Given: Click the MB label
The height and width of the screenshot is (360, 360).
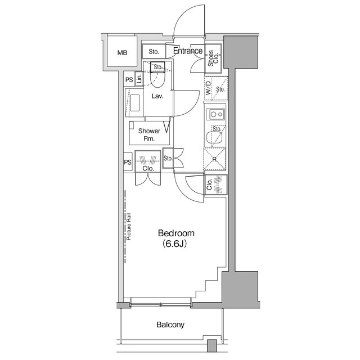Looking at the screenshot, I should (x=122, y=53).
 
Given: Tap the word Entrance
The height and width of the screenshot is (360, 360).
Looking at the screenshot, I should (x=188, y=51).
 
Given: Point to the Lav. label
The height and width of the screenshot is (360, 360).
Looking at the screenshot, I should (x=157, y=96).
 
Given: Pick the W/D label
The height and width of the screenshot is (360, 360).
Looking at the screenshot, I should (x=208, y=89).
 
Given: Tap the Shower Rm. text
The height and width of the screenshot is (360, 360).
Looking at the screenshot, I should (x=148, y=134).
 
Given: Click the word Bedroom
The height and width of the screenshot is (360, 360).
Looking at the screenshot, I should (x=176, y=233).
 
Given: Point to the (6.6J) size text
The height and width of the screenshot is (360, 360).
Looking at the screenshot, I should (x=176, y=245).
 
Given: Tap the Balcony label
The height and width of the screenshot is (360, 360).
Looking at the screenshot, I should (x=170, y=325).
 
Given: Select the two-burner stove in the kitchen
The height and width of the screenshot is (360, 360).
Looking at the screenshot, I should (x=214, y=114).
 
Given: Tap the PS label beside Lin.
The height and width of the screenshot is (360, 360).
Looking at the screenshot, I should (x=129, y=80).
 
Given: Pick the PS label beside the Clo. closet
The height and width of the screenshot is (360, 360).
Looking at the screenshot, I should (x=128, y=163).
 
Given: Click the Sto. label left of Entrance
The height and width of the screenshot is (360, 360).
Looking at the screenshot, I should (x=154, y=52).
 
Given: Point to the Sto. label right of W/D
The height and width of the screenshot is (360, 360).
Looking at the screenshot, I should (x=220, y=89).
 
